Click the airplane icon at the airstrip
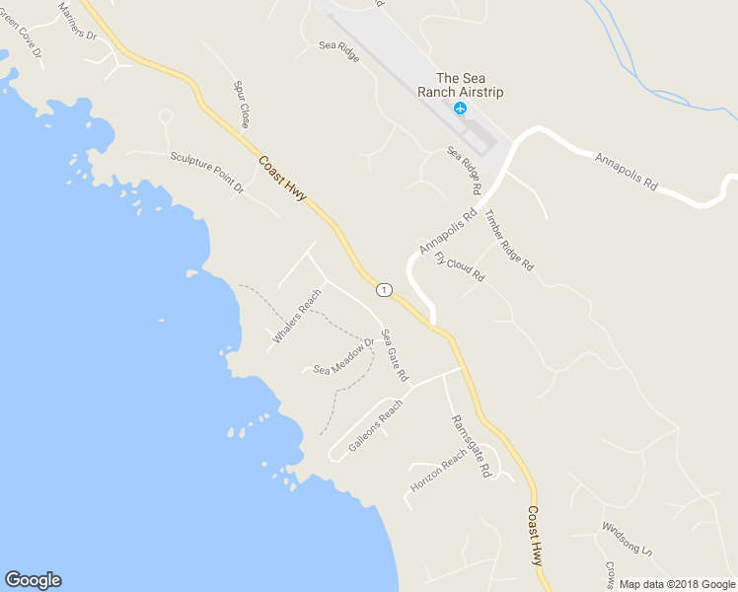click(x=460, y=108)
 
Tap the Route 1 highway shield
click(x=384, y=289)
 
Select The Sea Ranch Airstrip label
click(x=470, y=85)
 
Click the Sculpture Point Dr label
click(x=206, y=172)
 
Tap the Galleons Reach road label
click(x=376, y=425)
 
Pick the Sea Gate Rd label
click(x=395, y=355)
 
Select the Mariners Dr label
click(x=78, y=21)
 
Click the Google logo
click(x=33, y=580)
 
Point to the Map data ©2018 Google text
click(x=676, y=584)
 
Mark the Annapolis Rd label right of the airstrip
click(x=625, y=170)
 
